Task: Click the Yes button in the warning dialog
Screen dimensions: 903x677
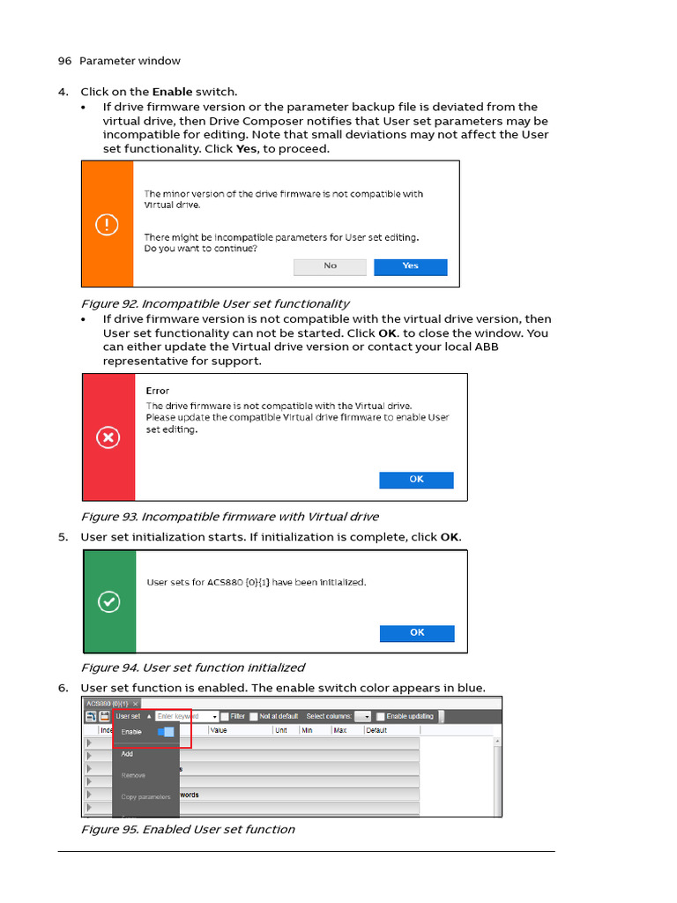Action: [410, 266]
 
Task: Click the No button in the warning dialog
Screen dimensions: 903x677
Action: [330, 266]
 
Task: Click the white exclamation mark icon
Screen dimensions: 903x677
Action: [107, 225]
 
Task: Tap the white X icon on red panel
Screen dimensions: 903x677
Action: [108, 437]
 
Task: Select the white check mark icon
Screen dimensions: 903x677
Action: [108, 602]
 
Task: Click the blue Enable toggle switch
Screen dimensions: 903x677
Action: [166, 732]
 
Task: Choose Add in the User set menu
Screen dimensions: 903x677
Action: [128, 754]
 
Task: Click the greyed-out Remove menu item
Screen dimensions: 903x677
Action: [134, 775]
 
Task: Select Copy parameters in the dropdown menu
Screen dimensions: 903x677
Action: [145, 796]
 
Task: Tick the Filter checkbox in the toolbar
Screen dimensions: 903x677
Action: [225, 717]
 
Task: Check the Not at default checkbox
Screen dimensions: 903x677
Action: [254, 717]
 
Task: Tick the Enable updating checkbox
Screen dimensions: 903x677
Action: [381, 717]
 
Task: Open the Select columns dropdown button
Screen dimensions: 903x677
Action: [363, 717]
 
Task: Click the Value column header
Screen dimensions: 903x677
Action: [219, 730]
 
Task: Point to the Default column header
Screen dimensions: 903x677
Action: [376, 730]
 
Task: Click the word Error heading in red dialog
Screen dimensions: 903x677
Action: [158, 391]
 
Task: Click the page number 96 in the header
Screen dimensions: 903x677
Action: [64, 61]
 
